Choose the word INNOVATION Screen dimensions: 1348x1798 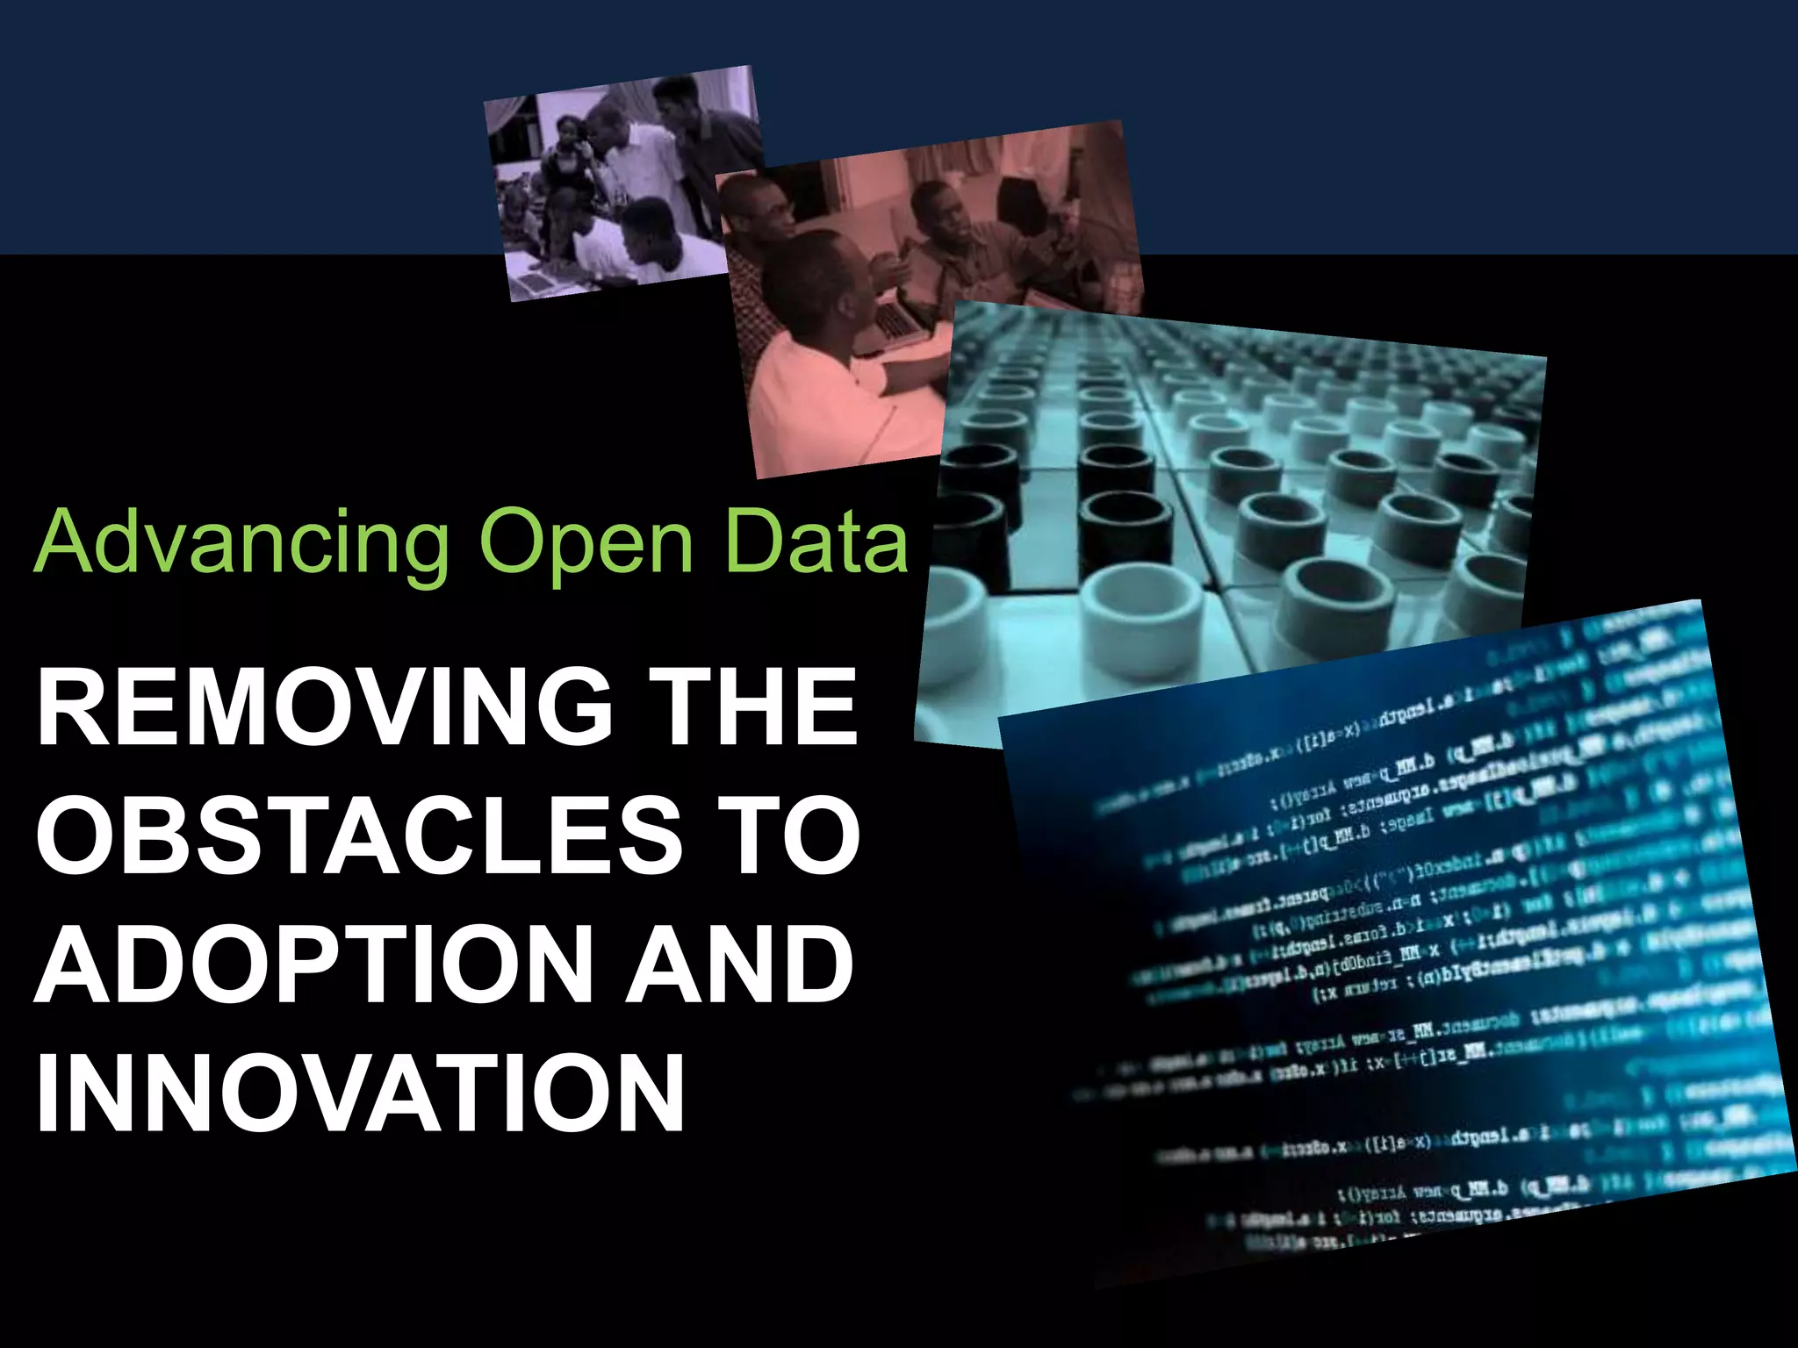(x=359, y=1093)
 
